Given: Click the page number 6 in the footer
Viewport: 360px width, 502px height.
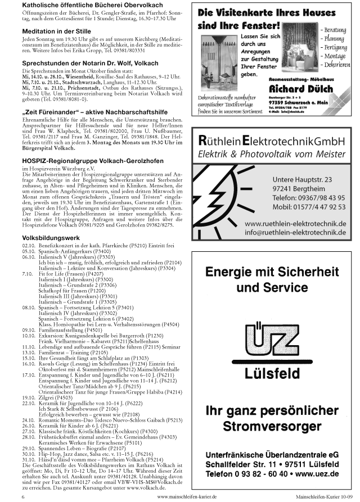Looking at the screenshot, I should click(23, 497).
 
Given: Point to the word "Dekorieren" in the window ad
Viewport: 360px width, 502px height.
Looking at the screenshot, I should click(333, 65).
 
